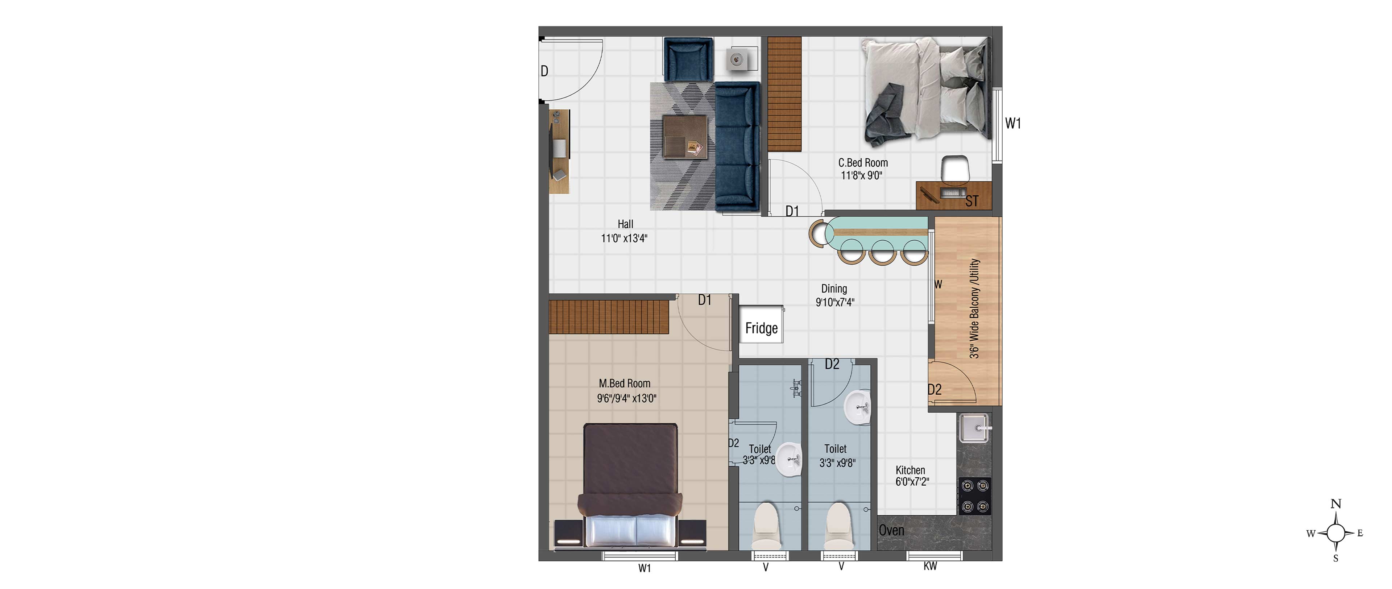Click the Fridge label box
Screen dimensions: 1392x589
(x=761, y=324)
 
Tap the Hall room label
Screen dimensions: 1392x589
(x=625, y=224)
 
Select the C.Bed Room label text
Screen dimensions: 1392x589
(x=863, y=163)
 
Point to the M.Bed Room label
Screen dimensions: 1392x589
(x=625, y=383)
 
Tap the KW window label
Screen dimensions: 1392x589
(x=930, y=566)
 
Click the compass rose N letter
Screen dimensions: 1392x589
(x=1336, y=504)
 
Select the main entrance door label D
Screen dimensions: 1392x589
(x=545, y=71)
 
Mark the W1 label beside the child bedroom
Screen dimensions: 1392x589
(x=1013, y=124)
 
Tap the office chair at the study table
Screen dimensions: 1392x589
(x=956, y=169)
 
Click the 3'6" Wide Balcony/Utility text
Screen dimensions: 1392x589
(x=974, y=308)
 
